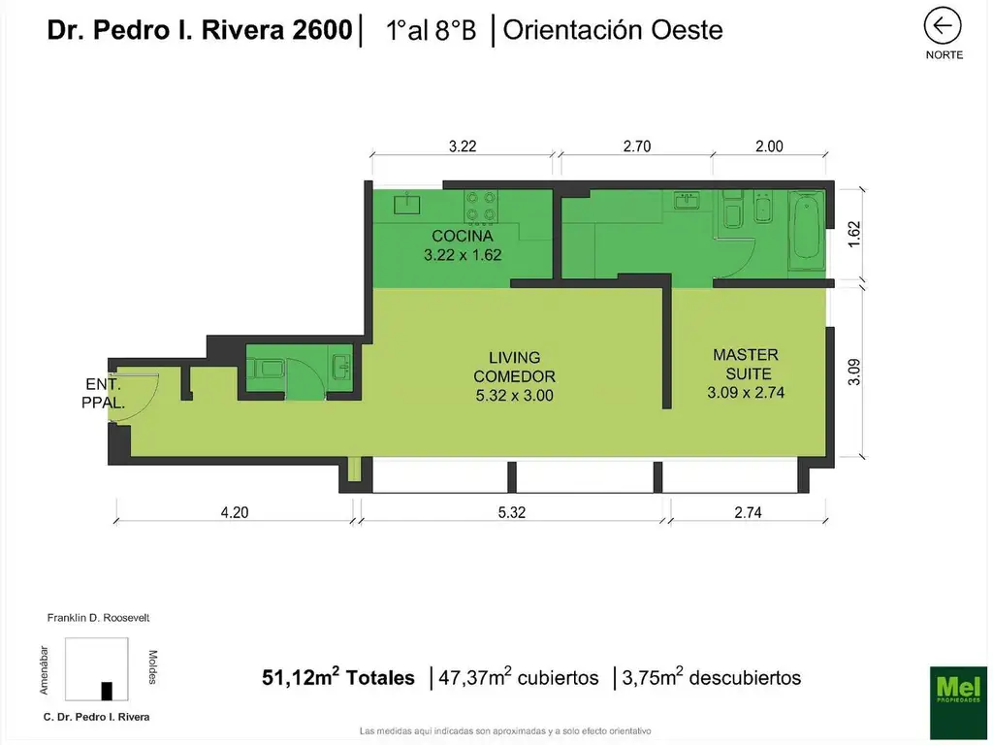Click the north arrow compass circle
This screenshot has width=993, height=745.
coord(943,26)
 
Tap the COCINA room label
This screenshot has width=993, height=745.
coord(463,245)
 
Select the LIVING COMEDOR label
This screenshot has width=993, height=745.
coord(514,376)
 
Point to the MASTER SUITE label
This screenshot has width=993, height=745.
coord(745,373)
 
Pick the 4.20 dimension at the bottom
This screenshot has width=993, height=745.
coord(234,513)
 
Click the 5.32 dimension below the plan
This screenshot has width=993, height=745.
coord(511,513)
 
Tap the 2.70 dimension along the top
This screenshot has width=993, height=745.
coord(636,146)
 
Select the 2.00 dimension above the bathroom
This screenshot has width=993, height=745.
coord(768,146)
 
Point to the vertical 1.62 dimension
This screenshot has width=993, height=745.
coord(854,235)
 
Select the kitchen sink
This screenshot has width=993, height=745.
coord(407,204)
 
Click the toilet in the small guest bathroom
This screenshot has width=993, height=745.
coord(267,367)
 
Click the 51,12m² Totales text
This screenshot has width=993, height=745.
coord(338,678)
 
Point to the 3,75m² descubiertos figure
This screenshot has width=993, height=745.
coord(713,678)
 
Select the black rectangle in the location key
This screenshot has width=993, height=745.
coord(107,690)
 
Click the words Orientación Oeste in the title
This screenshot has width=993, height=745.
coord(613,30)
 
